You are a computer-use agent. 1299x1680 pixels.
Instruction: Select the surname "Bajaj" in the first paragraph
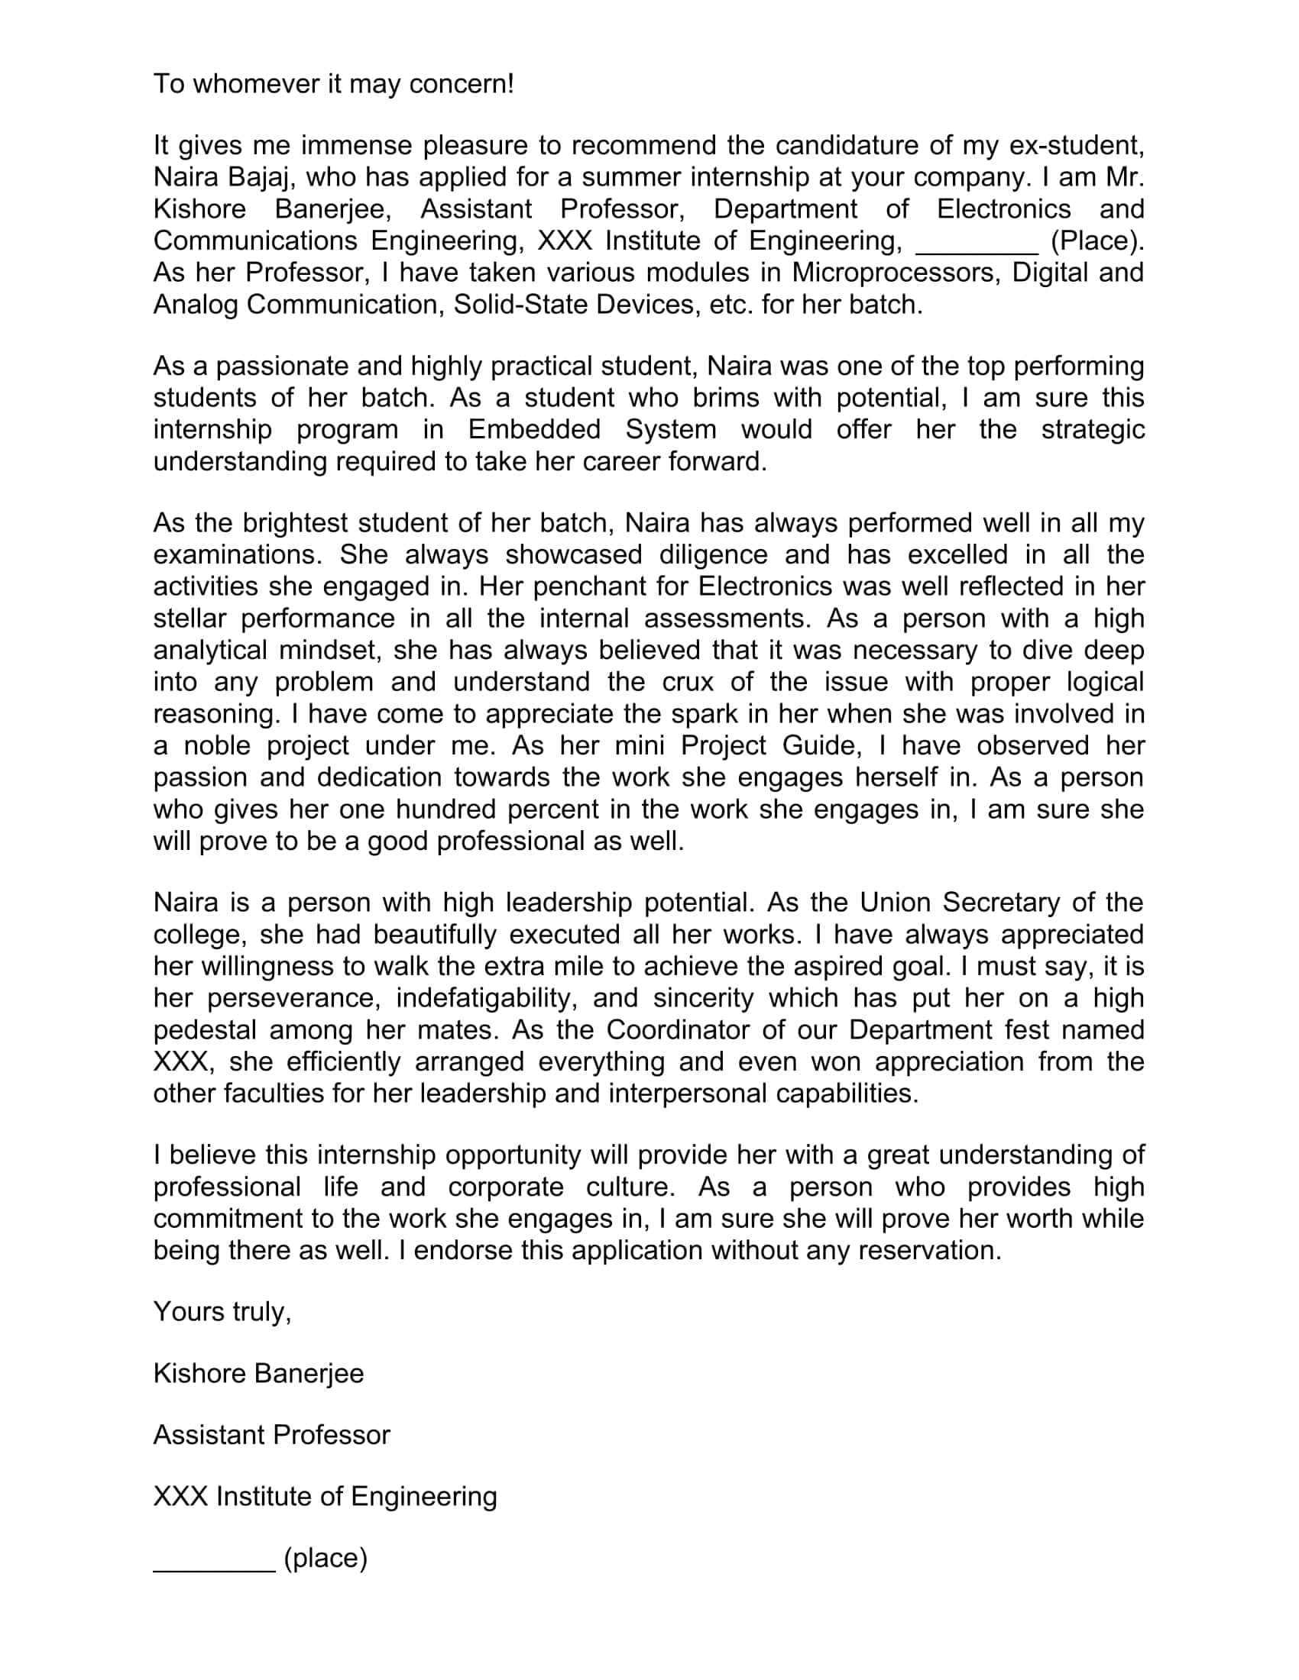pos(261,177)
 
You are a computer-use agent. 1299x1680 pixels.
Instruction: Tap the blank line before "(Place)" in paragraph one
pos(976,242)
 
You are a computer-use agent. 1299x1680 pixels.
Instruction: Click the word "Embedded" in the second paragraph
pos(534,429)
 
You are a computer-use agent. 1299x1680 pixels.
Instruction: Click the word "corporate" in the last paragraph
pos(506,1187)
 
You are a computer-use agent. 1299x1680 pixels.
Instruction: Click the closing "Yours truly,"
pos(222,1311)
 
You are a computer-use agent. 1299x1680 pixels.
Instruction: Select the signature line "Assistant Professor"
pos(272,1435)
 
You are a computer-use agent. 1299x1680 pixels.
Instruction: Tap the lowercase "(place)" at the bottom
pos(326,1558)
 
